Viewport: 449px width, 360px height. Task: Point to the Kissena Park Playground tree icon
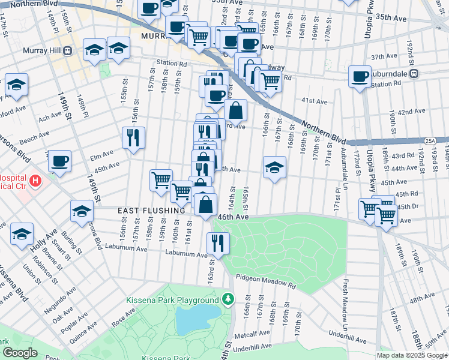pos(228,299)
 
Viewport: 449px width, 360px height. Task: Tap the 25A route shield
pos(429,140)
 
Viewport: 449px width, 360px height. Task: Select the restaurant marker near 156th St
pos(133,137)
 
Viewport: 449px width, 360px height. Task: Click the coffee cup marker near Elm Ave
pos(59,161)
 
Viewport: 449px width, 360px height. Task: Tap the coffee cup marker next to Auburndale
pos(360,76)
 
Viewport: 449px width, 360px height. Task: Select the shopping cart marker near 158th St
pos(160,179)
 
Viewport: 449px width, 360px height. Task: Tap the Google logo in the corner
pos(20,353)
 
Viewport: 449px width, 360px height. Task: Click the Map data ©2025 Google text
pos(412,355)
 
